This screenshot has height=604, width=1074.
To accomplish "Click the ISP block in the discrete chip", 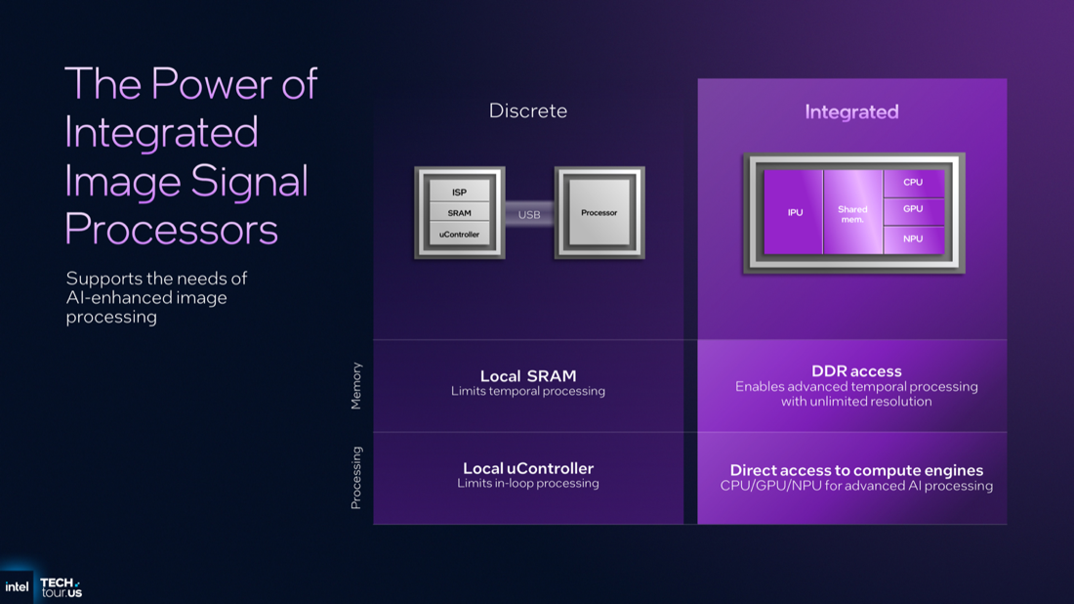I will [x=459, y=192].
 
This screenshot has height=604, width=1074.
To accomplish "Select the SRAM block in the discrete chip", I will [x=459, y=213].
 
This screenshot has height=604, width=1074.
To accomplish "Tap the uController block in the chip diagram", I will [x=459, y=235].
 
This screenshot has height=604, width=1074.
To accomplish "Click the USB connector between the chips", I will [x=529, y=214].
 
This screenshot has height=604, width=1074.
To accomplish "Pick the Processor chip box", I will [x=599, y=213].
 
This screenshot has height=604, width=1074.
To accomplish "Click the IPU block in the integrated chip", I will [x=795, y=212].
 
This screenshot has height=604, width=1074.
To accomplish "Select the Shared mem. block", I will [x=852, y=212].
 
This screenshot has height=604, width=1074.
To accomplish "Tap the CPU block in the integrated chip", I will [x=913, y=183].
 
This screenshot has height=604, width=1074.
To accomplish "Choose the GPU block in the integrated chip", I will [x=913, y=209].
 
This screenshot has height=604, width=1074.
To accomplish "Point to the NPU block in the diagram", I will [x=913, y=238].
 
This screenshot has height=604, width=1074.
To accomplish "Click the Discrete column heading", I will [x=528, y=111].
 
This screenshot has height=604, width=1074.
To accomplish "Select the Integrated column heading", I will [x=851, y=112].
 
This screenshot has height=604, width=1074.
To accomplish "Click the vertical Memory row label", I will [x=356, y=386].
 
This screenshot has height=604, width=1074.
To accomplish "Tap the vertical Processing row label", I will [x=356, y=478].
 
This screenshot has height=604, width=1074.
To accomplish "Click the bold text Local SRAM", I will [x=528, y=376].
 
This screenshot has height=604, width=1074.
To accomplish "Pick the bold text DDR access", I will [x=856, y=371].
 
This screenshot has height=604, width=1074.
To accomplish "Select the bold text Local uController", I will [x=528, y=469].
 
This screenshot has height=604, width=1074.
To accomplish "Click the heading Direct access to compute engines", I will [x=856, y=470].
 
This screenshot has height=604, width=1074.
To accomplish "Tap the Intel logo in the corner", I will [x=17, y=586].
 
